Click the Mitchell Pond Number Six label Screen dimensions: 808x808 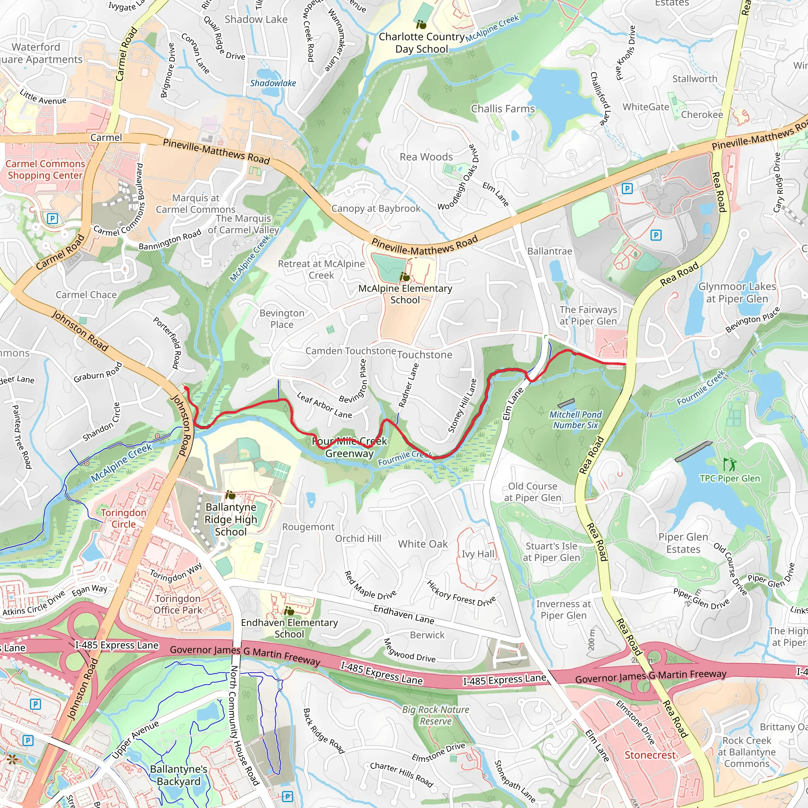click(576, 420)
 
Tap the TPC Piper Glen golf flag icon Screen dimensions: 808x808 click(730, 464)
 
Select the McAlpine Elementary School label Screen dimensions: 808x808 click(405, 294)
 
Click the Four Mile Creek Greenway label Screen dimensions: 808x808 click(350, 447)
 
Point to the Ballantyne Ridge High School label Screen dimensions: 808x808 click(231, 519)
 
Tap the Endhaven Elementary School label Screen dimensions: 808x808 click(290, 628)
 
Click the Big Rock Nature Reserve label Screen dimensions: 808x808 click(436, 715)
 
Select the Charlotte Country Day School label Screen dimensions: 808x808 click(422, 43)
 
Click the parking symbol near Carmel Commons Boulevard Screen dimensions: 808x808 click(52, 218)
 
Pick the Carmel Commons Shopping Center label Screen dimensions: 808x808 click(45, 169)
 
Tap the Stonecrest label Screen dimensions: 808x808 click(650, 755)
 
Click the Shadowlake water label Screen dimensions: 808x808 click(273, 83)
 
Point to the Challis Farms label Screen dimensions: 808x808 click(503, 109)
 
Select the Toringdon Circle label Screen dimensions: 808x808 click(123, 518)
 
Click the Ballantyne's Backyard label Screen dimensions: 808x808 click(179, 775)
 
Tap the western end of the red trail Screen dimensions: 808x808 click(186, 389)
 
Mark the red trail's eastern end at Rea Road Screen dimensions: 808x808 click(625, 364)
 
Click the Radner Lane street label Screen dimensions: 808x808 click(408, 385)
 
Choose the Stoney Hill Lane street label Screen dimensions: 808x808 click(462, 405)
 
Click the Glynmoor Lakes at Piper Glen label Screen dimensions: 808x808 click(737, 292)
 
